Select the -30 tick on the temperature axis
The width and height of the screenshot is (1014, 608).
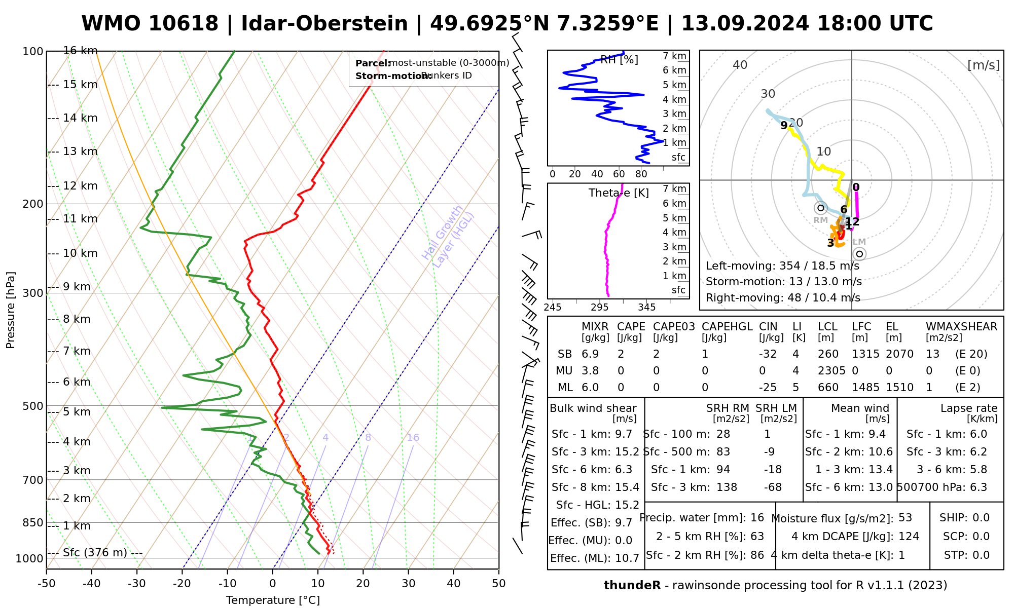click(x=137, y=584)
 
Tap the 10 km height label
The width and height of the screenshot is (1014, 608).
click(x=80, y=253)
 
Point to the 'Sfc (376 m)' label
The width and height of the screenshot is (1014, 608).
click(x=95, y=552)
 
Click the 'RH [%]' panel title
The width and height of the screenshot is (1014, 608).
click(x=619, y=60)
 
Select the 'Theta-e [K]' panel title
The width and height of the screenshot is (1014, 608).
click(x=619, y=193)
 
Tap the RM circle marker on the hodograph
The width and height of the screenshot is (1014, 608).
click(x=820, y=208)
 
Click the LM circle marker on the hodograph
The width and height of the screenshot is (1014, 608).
click(x=859, y=254)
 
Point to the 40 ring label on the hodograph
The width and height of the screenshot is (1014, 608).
click(x=740, y=65)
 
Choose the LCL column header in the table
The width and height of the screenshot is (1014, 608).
click(x=827, y=327)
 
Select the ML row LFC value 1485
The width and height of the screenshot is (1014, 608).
click(x=865, y=388)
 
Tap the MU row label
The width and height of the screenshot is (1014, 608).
click(x=564, y=371)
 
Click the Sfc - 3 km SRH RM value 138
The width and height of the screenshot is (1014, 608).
click(x=727, y=487)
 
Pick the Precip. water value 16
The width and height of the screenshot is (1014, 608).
click(x=757, y=518)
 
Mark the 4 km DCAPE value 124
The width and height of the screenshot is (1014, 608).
click(x=909, y=537)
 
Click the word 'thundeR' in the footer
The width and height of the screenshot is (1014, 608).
click(x=632, y=586)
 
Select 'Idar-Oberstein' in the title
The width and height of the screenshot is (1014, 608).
click(x=324, y=24)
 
